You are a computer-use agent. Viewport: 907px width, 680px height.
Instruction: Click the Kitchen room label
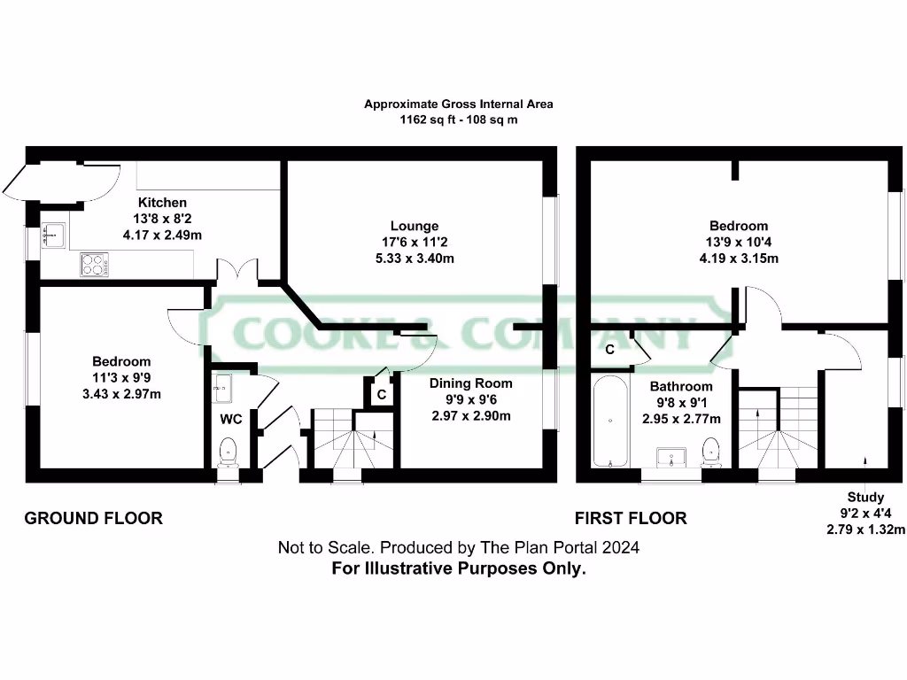[x=162, y=203]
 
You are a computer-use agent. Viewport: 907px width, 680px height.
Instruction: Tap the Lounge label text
[x=415, y=226]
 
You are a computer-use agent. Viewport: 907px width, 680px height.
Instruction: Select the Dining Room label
[x=470, y=383]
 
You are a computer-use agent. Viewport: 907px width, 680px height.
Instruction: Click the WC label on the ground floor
[x=231, y=419]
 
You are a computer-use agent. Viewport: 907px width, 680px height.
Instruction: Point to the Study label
[x=865, y=498]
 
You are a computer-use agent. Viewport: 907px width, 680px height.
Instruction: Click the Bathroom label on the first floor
[x=680, y=387]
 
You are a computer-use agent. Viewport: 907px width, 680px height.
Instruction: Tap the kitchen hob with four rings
[x=95, y=264]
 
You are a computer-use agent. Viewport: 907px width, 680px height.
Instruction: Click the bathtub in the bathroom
[x=610, y=421]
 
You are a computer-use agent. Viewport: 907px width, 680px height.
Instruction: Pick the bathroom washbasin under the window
[x=671, y=457]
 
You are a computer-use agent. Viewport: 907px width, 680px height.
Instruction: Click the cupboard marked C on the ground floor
[x=381, y=395]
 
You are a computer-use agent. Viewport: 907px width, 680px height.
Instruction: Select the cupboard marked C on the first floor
[x=609, y=350]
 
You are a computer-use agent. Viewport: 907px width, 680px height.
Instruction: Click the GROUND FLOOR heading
[x=93, y=518]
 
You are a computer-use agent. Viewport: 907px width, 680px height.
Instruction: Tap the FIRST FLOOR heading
[x=631, y=518]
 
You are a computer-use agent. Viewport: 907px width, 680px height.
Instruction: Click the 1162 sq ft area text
[x=459, y=119]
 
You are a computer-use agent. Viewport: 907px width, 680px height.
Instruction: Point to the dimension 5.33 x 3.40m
[x=415, y=259]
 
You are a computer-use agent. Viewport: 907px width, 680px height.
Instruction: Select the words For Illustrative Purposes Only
[x=459, y=569]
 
